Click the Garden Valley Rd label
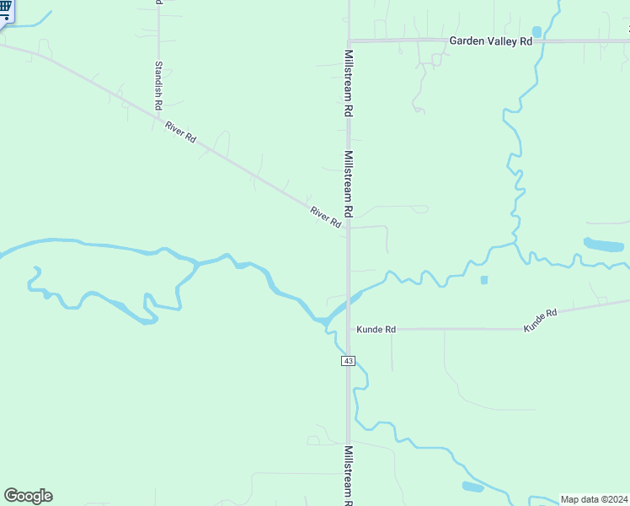(x=491, y=40)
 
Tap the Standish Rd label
(x=157, y=83)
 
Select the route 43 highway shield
(x=349, y=361)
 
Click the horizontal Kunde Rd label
(x=376, y=329)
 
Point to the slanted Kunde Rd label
(x=541, y=320)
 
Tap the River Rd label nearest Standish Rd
(x=180, y=132)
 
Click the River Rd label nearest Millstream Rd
(x=325, y=218)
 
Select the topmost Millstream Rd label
(x=349, y=82)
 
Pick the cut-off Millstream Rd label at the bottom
(x=349, y=476)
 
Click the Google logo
(x=28, y=496)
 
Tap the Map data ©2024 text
(x=595, y=498)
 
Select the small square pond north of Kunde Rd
(x=483, y=280)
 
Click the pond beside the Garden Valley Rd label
(x=537, y=32)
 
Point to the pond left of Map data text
(x=472, y=487)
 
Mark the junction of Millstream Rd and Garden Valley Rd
(x=349, y=40)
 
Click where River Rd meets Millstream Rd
(x=349, y=229)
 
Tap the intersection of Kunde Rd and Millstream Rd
(x=349, y=329)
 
